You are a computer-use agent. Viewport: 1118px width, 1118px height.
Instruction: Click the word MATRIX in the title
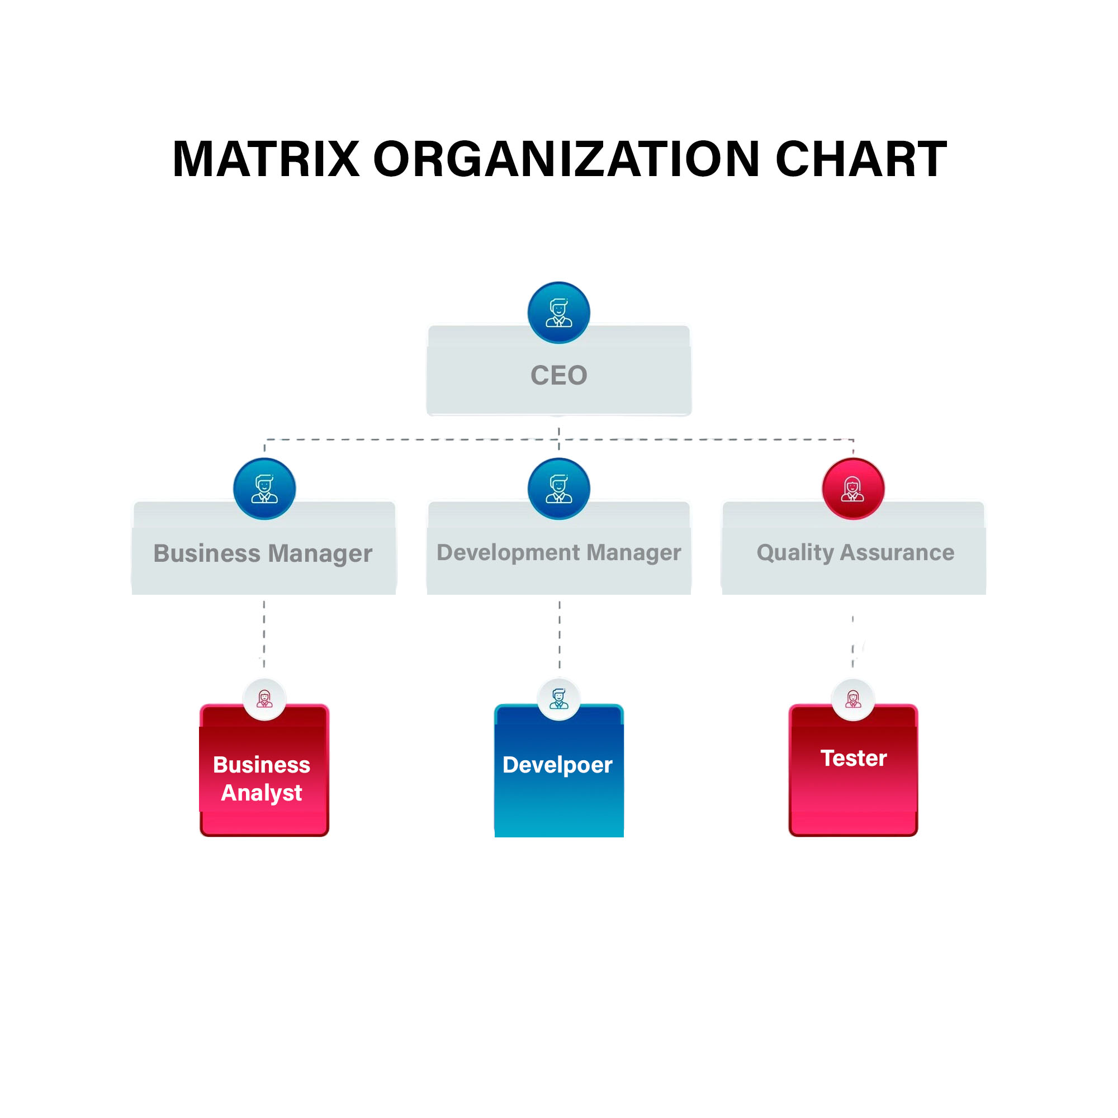click(x=266, y=159)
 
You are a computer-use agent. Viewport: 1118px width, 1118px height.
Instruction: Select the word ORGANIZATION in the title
click(x=566, y=159)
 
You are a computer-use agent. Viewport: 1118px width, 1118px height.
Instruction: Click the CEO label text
click(x=559, y=375)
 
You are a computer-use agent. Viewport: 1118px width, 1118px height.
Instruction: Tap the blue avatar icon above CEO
click(x=559, y=313)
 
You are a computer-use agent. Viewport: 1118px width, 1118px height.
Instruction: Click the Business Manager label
click(x=263, y=553)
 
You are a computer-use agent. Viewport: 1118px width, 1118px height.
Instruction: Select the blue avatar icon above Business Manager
click(x=264, y=489)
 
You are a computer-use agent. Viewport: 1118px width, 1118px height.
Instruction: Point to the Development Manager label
click(x=559, y=553)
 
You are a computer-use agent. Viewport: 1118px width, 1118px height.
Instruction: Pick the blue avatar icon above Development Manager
click(x=559, y=489)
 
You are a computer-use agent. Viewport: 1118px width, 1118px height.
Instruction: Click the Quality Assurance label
click(x=855, y=553)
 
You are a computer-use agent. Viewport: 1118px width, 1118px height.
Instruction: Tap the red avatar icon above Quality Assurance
click(x=853, y=489)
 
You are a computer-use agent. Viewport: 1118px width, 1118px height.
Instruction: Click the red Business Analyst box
click(x=264, y=778)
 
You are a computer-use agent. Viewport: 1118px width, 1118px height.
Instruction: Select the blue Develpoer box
click(x=559, y=778)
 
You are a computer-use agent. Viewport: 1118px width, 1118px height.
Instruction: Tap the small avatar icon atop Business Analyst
click(x=264, y=699)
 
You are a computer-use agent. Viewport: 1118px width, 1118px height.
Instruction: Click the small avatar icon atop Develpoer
click(x=559, y=699)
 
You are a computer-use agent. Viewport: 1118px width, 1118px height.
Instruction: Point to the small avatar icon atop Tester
click(x=854, y=699)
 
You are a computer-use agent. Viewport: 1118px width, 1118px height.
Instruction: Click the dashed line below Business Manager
click(x=264, y=634)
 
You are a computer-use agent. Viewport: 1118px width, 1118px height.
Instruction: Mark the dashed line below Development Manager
click(x=560, y=634)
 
